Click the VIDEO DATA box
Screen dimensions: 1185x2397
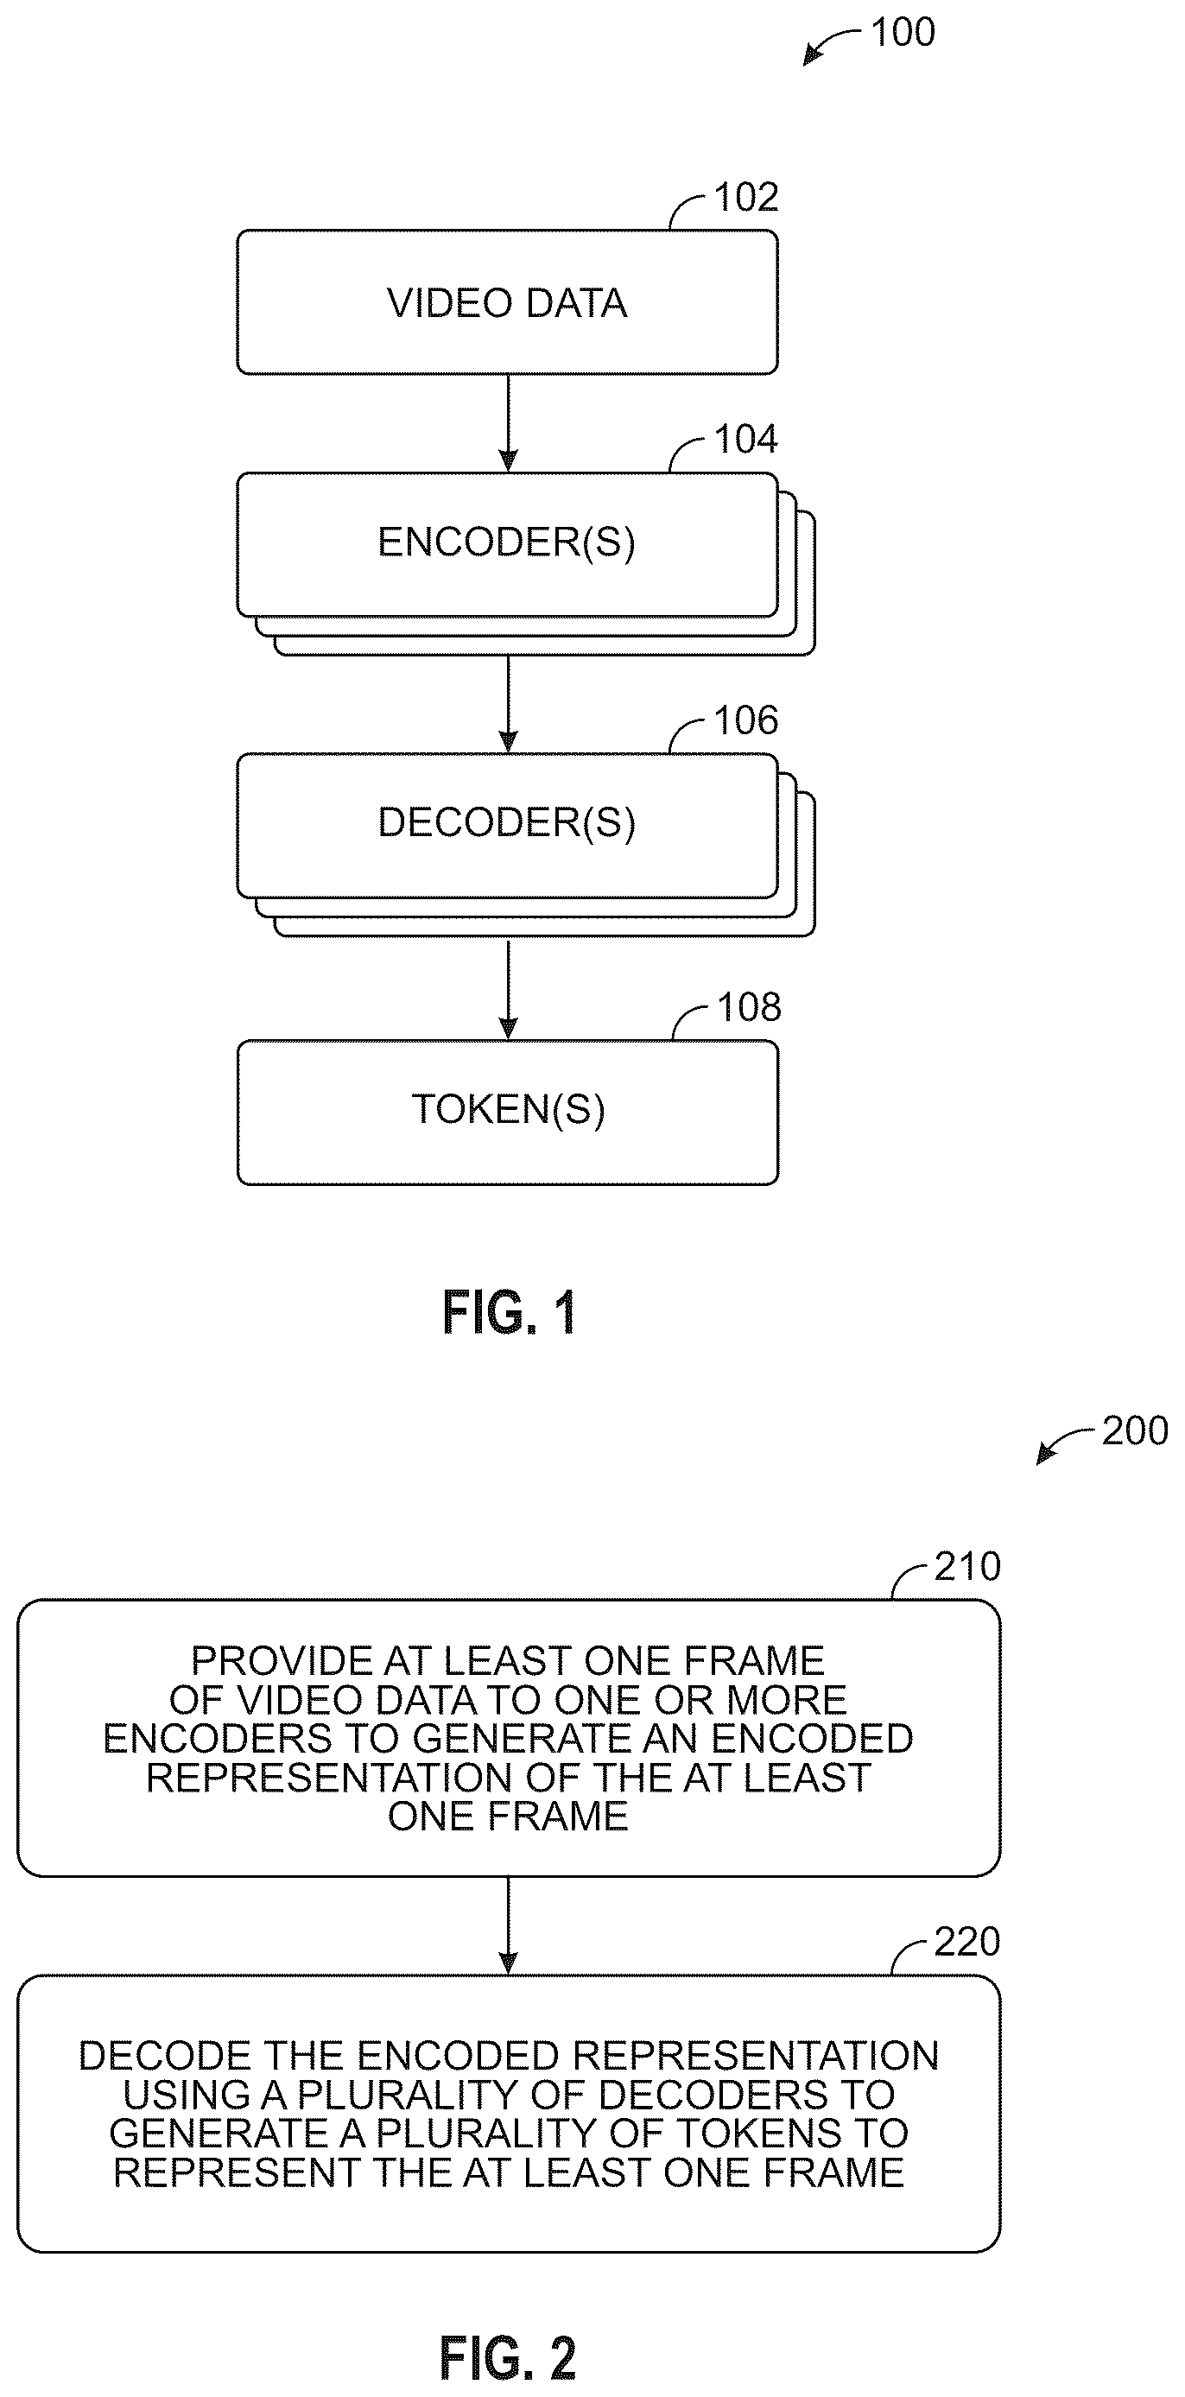coord(507,302)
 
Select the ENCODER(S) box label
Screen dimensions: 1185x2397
coord(507,542)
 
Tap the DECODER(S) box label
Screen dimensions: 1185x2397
coord(507,822)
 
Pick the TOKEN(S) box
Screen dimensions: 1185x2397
coord(507,1112)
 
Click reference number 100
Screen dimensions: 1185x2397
coord(903,33)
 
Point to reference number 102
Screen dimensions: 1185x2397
coord(746,197)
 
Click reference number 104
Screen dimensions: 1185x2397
coord(746,439)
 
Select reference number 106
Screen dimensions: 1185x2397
coord(746,720)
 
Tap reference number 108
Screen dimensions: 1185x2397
coord(749,1008)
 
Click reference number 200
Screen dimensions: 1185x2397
coord(1135,1431)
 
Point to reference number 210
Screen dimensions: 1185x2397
coord(967,1567)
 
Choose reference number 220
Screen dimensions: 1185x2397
coord(967,1942)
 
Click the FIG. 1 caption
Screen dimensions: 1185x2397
coord(510,1313)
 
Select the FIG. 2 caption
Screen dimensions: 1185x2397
coord(508,2358)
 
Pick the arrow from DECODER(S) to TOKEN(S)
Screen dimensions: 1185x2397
coord(508,988)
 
